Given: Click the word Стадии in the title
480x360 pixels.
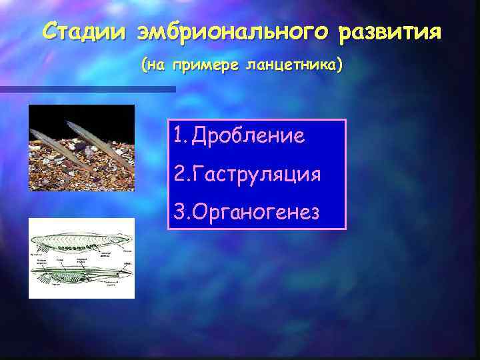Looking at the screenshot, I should tap(83, 31).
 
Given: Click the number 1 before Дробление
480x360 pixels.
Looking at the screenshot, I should tap(177, 137).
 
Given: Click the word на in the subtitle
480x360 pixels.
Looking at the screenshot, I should tap(157, 66).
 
